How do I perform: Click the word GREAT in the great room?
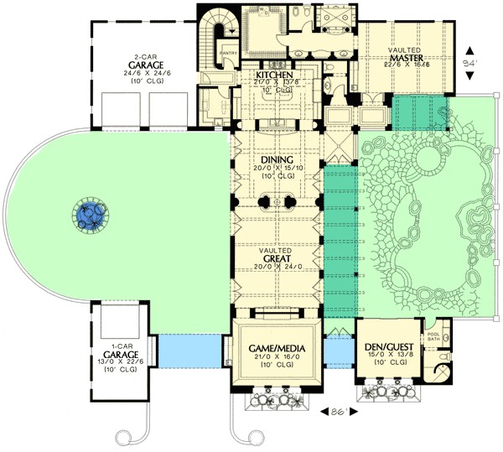pyautogui.click(x=276, y=259)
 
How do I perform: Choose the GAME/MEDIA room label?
pyautogui.click(x=276, y=345)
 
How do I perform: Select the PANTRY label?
pyautogui.click(x=231, y=56)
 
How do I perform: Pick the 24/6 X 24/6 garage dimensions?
pyautogui.click(x=146, y=72)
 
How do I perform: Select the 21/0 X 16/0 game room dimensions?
pyautogui.click(x=276, y=356)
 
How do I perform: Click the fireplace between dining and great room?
pyautogui.click(x=276, y=202)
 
